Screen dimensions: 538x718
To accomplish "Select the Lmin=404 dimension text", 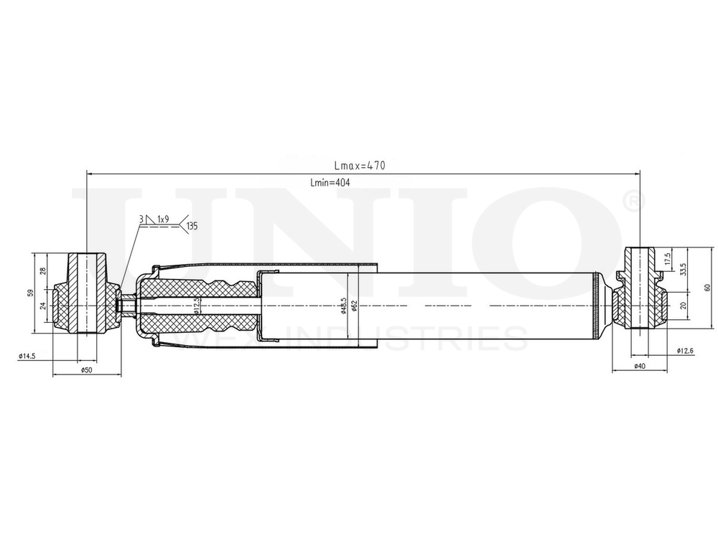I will coord(330,183).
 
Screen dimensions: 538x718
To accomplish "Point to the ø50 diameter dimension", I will coord(86,369).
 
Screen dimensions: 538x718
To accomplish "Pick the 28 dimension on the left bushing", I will coord(43,270).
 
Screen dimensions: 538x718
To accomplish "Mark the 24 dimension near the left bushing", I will coord(43,306).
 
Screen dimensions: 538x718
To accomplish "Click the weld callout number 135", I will coord(191,227).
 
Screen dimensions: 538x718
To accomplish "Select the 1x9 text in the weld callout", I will coord(163,218).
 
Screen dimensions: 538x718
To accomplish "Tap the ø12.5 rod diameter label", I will coord(195,306).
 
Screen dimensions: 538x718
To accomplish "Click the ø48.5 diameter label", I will coord(345,306).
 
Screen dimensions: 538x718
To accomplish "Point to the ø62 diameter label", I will coord(355,306).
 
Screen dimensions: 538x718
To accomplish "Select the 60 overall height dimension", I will coord(707,288).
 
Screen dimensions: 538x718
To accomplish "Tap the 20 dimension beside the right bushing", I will coord(684,305).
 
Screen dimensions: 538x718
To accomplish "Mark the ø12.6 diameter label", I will coord(686,350).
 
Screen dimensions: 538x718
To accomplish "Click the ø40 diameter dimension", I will coord(639,366).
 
